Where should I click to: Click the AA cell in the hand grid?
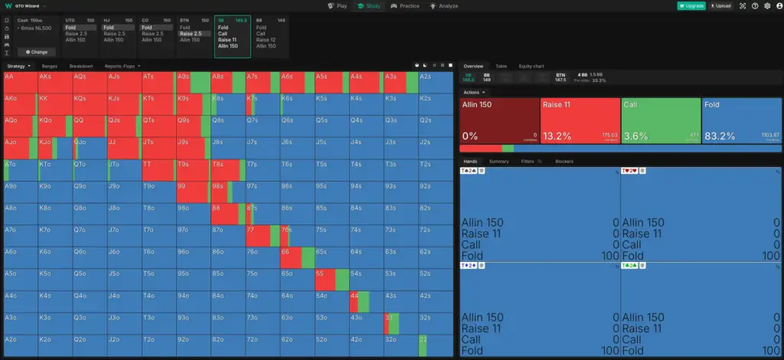coord(18,82)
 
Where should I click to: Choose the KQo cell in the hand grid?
coord(53,126)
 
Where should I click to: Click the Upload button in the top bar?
coord(720,5)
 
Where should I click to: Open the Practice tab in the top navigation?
coord(405,5)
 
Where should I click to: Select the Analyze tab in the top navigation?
coord(444,5)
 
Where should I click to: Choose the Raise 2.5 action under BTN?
coord(191,34)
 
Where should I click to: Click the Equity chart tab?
coord(531,67)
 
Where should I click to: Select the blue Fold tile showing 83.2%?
coord(740,120)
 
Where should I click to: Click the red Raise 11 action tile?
coord(580,120)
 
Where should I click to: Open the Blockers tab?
coord(563,162)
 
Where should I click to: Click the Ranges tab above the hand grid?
coord(50,67)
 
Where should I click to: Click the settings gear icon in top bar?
coord(767,5)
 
